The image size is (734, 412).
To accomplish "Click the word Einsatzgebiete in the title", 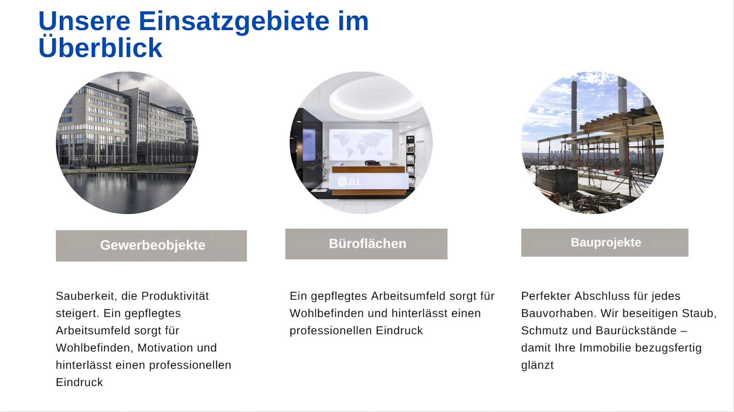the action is coord(234,21).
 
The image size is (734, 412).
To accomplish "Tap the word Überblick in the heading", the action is coord(100,47).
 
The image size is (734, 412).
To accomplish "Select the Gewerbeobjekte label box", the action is coord(151,245).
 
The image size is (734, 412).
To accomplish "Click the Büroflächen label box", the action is coord(366,244).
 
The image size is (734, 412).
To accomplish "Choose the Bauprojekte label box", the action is coord(604,242).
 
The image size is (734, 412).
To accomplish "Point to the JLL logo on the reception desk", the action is coord(349,182).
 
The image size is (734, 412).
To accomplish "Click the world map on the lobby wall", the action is coord(361,144).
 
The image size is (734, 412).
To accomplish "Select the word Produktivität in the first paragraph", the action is coord(175,296).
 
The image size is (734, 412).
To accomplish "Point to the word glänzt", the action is coord(537,365).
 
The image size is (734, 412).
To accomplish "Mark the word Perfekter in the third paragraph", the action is coord(546,296).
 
